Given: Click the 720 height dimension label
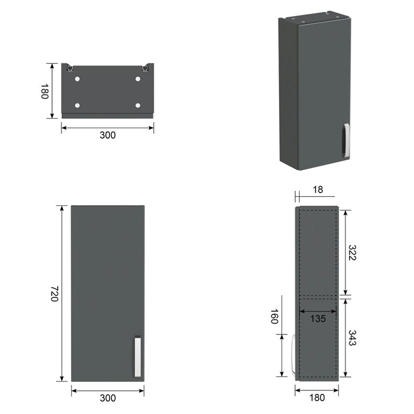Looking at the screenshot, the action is tap(54, 293).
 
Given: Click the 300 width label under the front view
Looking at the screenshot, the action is tap(108, 398).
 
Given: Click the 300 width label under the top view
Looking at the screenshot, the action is tap(108, 135).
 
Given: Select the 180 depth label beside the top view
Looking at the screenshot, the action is tap(45, 91).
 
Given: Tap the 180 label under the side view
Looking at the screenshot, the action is tap(317, 397).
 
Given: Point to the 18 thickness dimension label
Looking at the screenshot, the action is tap(318, 190).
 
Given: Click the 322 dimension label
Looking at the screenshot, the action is tap(352, 253).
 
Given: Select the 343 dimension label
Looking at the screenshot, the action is tap(352, 338).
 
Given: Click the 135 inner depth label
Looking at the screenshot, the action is tap(318, 319).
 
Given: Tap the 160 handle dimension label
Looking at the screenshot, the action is tap(274, 316).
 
